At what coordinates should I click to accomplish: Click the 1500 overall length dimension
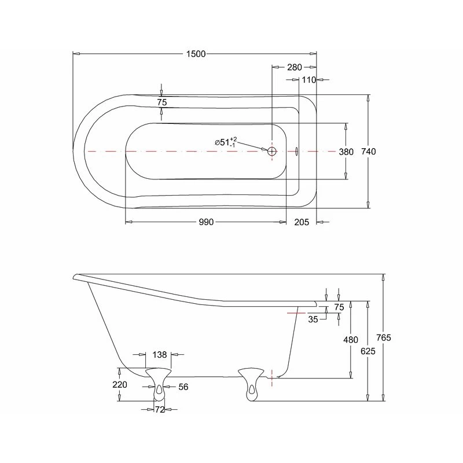click(196, 54)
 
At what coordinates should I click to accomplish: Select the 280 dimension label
click(295, 67)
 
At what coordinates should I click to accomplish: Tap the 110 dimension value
click(309, 80)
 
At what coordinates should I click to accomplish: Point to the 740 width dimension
click(369, 152)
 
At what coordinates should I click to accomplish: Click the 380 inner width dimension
click(346, 152)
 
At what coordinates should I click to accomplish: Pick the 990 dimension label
click(206, 222)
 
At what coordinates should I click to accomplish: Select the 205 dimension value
click(302, 222)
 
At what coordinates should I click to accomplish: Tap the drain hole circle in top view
click(271, 152)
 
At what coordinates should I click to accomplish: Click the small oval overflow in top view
click(296, 151)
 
